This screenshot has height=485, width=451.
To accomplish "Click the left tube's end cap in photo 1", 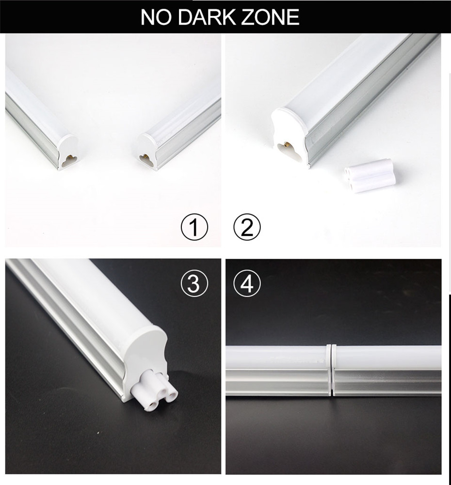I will point(68,151).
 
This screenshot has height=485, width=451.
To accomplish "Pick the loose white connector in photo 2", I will point(370,175).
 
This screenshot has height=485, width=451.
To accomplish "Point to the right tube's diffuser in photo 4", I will point(388,358).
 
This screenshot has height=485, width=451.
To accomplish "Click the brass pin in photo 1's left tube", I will point(71,157).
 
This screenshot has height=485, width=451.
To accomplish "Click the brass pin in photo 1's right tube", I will point(144,157).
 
